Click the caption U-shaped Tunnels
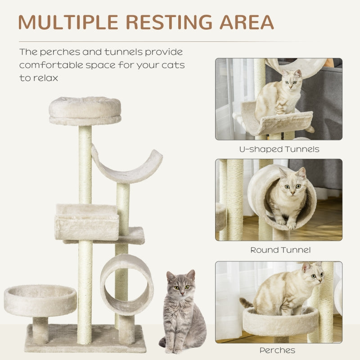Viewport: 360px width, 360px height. (x=279, y=149)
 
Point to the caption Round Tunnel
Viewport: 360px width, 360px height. (x=280, y=250)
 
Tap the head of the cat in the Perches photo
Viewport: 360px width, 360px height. (x=313, y=275)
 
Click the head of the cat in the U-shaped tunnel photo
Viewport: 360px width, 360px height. (x=291, y=81)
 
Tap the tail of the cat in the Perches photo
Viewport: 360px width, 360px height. (x=247, y=303)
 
